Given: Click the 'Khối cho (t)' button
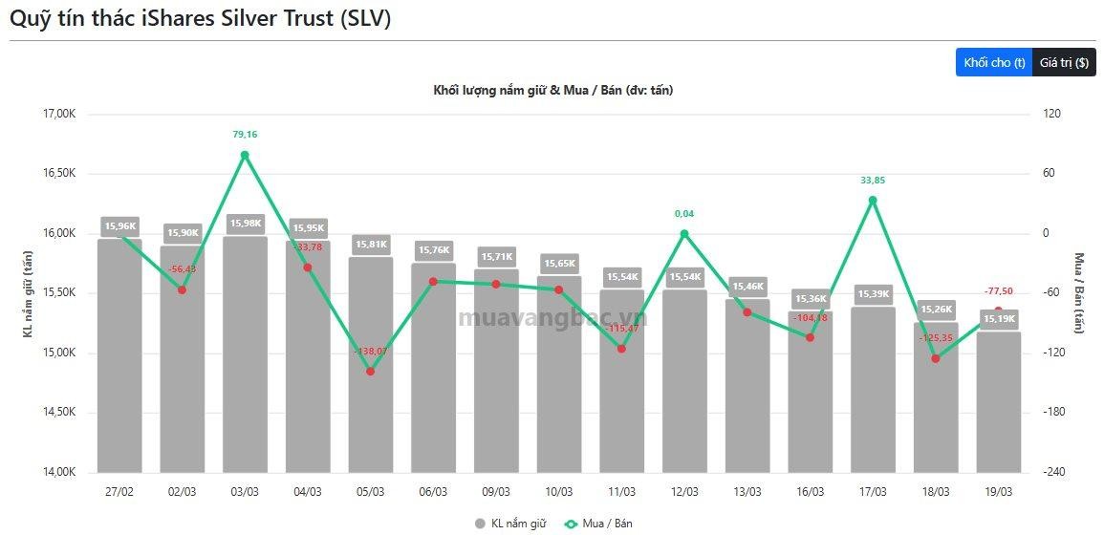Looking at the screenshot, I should point(994,62).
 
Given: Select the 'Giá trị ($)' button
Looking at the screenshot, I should point(1064,62).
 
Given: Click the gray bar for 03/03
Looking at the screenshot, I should point(245,363).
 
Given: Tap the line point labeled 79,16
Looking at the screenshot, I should point(245,155).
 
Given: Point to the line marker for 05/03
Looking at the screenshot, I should point(370,371).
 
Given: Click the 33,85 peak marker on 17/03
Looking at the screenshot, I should point(873,200).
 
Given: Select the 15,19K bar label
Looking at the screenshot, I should point(998,319).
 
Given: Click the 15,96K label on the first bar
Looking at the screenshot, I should point(120,226).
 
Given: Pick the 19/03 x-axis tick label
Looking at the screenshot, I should point(998,491).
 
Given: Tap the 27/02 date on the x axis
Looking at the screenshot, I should point(119,491).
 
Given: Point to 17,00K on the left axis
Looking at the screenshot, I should point(59,114).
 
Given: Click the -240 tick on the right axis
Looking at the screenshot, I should point(1054,472).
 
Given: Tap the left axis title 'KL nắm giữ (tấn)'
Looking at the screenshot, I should point(29,293).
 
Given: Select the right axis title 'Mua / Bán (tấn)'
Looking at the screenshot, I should point(1079,292).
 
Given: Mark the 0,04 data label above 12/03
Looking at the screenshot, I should point(684,213).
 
